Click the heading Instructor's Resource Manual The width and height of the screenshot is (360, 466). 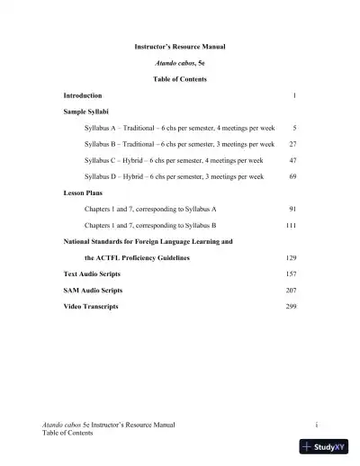pyautogui.click(x=180, y=46)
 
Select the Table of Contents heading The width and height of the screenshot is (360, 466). pyautogui.click(x=180, y=79)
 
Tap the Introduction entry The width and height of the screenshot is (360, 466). pyautogui.click(x=83, y=95)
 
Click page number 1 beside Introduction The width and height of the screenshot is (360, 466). pyautogui.click(x=294, y=95)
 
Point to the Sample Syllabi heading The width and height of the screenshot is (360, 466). pyautogui.click(x=85, y=112)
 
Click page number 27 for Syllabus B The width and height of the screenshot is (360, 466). pyautogui.click(x=292, y=144)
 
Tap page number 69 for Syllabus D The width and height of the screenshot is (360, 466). pyautogui.click(x=292, y=176)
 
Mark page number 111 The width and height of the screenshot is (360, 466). pyautogui.click(x=291, y=225)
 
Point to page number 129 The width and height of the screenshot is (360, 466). pyautogui.click(x=291, y=257)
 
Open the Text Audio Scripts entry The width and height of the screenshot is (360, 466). pyautogui.click(x=93, y=273)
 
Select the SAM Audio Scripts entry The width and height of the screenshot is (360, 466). pyautogui.click(x=93, y=291)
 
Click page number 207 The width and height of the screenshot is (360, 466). pyautogui.click(x=291, y=291)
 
